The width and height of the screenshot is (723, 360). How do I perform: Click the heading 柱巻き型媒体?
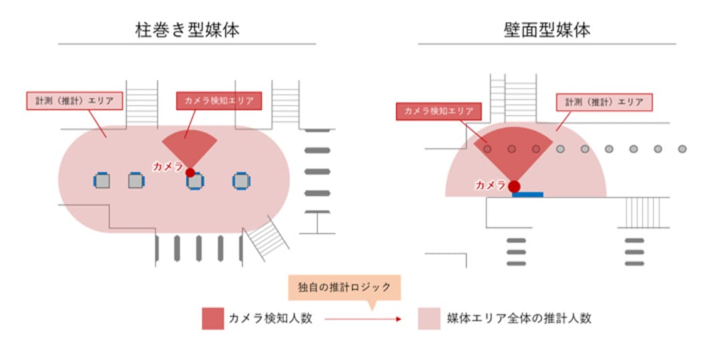pyautogui.click(x=187, y=31)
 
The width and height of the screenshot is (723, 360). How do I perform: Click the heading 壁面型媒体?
pyautogui.click(x=547, y=31)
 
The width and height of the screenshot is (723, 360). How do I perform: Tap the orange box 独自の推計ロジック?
pyautogui.click(x=344, y=287)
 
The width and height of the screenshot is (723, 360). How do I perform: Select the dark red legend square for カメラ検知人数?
pyautogui.click(x=213, y=319)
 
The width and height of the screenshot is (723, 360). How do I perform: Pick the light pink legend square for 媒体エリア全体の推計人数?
pyautogui.click(x=430, y=319)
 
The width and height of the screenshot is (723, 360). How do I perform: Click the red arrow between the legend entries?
pyautogui.click(x=363, y=319)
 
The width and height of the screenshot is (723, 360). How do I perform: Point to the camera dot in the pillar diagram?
pyautogui.click(x=190, y=173)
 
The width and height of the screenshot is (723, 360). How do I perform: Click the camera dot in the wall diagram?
pyautogui.click(x=514, y=186)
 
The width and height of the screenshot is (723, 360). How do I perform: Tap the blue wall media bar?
pyautogui.click(x=528, y=195)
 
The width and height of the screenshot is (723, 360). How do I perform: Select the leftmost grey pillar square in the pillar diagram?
pyautogui.click(x=102, y=181)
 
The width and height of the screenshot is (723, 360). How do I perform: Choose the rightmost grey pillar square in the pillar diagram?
pyautogui.click(x=241, y=181)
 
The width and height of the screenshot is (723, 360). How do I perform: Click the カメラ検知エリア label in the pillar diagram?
pyautogui.click(x=219, y=101)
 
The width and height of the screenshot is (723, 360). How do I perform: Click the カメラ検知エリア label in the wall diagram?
pyautogui.click(x=439, y=111)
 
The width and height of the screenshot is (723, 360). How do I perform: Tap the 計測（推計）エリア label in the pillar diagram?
pyautogui.click(x=75, y=101)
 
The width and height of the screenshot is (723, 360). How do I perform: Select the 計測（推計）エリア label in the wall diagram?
pyautogui.click(x=604, y=102)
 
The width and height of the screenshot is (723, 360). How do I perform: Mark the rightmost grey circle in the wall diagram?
pyautogui.click(x=682, y=149)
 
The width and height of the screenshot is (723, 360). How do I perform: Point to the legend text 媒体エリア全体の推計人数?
pyautogui.click(x=519, y=319)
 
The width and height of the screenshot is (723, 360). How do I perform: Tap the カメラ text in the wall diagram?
pyautogui.click(x=491, y=185)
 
